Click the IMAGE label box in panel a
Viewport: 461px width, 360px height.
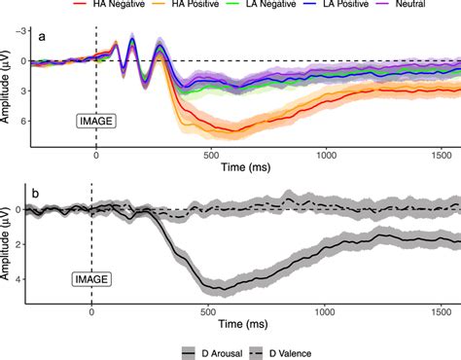click(x=95, y=121)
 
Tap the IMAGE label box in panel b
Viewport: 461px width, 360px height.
click(x=90, y=279)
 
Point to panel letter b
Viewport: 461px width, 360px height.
click(x=37, y=193)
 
